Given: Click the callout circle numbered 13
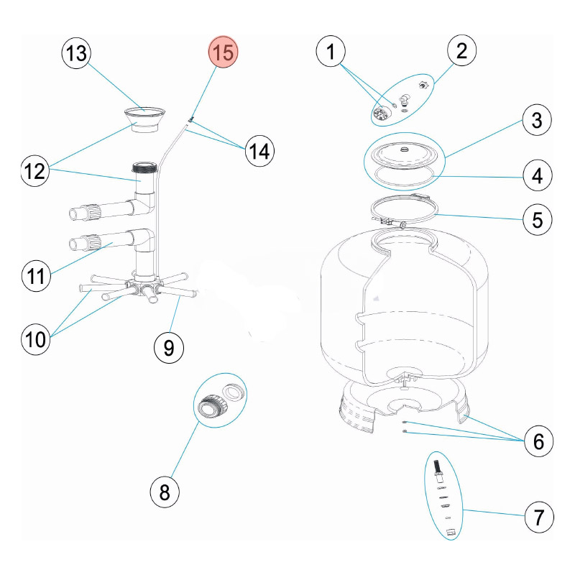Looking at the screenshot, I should pyautogui.click(x=77, y=54).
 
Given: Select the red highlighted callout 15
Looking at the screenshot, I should pyautogui.click(x=223, y=54).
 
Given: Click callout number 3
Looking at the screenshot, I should pyautogui.click(x=536, y=120).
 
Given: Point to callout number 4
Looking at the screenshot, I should pyautogui.click(x=536, y=174).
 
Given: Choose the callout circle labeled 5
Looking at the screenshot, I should pyautogui.click(x=536, y=218).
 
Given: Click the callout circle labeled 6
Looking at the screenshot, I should pyautogui.click(x=536, y=441).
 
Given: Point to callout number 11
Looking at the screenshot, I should pyautogui.click(x=36, y=277).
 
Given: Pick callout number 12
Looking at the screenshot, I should pyautogui.click(x=36, y=172).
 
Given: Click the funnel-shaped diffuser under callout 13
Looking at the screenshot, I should pyautogui.click(x=145, y=121).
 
